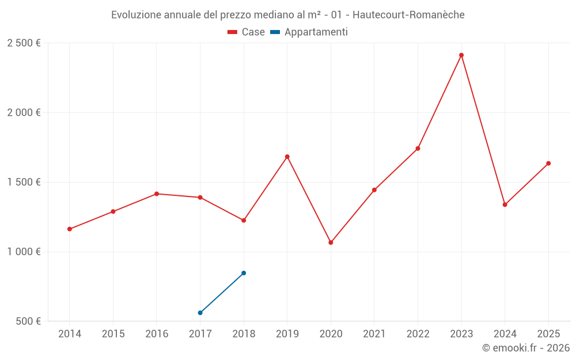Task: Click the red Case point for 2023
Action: click(461, 55)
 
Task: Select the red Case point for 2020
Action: click(331, 242)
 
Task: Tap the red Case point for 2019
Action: click(287, 157)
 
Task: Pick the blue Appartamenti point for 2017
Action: click(200, 313)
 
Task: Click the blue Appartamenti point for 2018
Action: click(244, 273)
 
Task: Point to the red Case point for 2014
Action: click(70, 229)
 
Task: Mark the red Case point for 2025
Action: click(548, 164)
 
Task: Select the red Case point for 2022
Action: click(418, 149)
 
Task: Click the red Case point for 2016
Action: click(157, 194)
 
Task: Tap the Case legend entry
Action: click(247, 32)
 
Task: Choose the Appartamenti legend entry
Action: click(309, 32)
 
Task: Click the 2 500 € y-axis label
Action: click(24, 43)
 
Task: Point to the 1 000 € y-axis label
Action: click(24, 252)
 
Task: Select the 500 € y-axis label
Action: click(28, 321)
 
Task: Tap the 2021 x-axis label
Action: click(374, 334)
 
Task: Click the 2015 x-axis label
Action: click(113, 334)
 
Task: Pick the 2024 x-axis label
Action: click(505, 334)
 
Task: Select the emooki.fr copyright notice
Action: click(525, 348)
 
